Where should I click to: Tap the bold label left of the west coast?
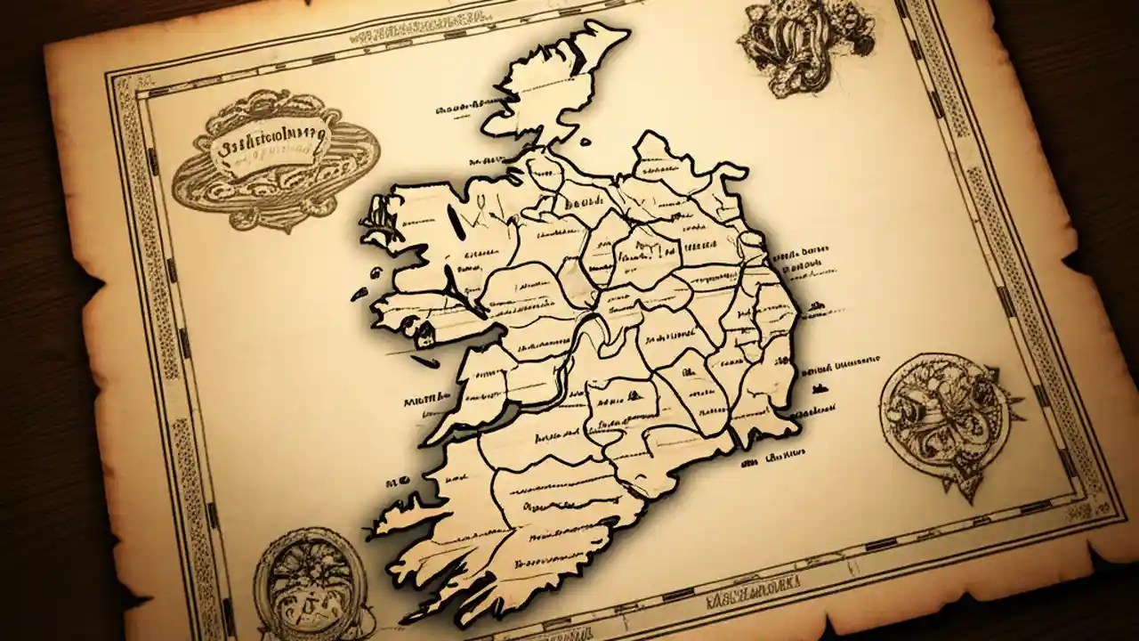(x=425, y=402)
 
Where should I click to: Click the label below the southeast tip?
(x=770, y=457)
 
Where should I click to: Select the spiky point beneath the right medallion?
(x=970, y=485)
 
